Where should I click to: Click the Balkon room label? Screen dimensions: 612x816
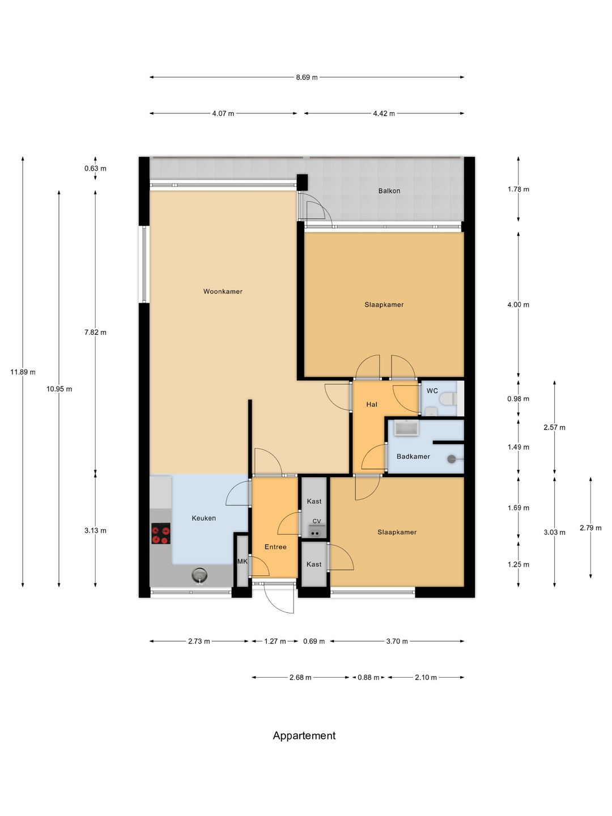pyautogui.click(x=389, y=191)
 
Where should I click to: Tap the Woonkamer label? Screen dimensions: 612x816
pyautogui.click(x=223, y=291)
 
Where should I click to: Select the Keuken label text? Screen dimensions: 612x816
pyautogui.click(x=203, y=518)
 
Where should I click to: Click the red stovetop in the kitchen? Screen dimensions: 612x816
pyautogui.click(x=161, y=533)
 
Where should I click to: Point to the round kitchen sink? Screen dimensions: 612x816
pyautogui.click(x=199, y=575)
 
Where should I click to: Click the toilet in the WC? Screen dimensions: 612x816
pyautogui.click(x=448, y=399)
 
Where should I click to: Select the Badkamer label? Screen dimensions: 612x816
pyautogui.click(x=413, y=456)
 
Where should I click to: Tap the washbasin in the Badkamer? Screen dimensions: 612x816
pyautogui.click(x=406, y=427)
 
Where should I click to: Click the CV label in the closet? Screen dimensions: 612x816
pyautogui.click(x=317, y=521)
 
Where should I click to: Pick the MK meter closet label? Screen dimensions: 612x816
pyautogui.click(x=243, y=562)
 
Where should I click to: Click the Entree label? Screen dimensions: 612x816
pyautogui.click(x=275, y=546)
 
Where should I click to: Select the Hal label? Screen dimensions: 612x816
pyautogui.click(x=372, y=404)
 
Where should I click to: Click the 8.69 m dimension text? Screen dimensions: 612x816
pyautogui.click(x=307, y=77)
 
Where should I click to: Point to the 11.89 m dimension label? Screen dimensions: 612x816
pyautogui.click(x=23, y=372)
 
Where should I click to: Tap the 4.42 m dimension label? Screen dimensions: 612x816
pyautogui.click(x=384, y=113)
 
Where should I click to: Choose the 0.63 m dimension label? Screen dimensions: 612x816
pyautogui.click(x=95, y=168)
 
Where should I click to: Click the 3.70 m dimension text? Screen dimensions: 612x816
pyautogui.click(x=397, y=641)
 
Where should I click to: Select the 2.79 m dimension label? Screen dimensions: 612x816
pyautogui.click(x=590, y=528)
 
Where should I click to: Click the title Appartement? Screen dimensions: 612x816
pyautogui.click(x=304, y=736)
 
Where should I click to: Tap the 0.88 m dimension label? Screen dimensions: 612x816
pyautogui.click(x=368, y=677)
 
